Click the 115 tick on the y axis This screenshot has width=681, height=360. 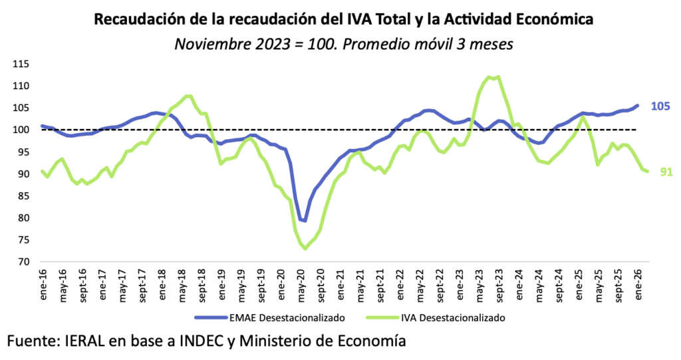pos(20,64)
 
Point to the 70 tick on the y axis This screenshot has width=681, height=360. pos(23,262)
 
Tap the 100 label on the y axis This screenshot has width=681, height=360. pos(20,130)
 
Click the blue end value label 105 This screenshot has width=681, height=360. pos(660,106)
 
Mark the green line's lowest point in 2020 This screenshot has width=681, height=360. pos(305,248)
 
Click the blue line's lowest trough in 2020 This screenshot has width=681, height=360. pos(305,220)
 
